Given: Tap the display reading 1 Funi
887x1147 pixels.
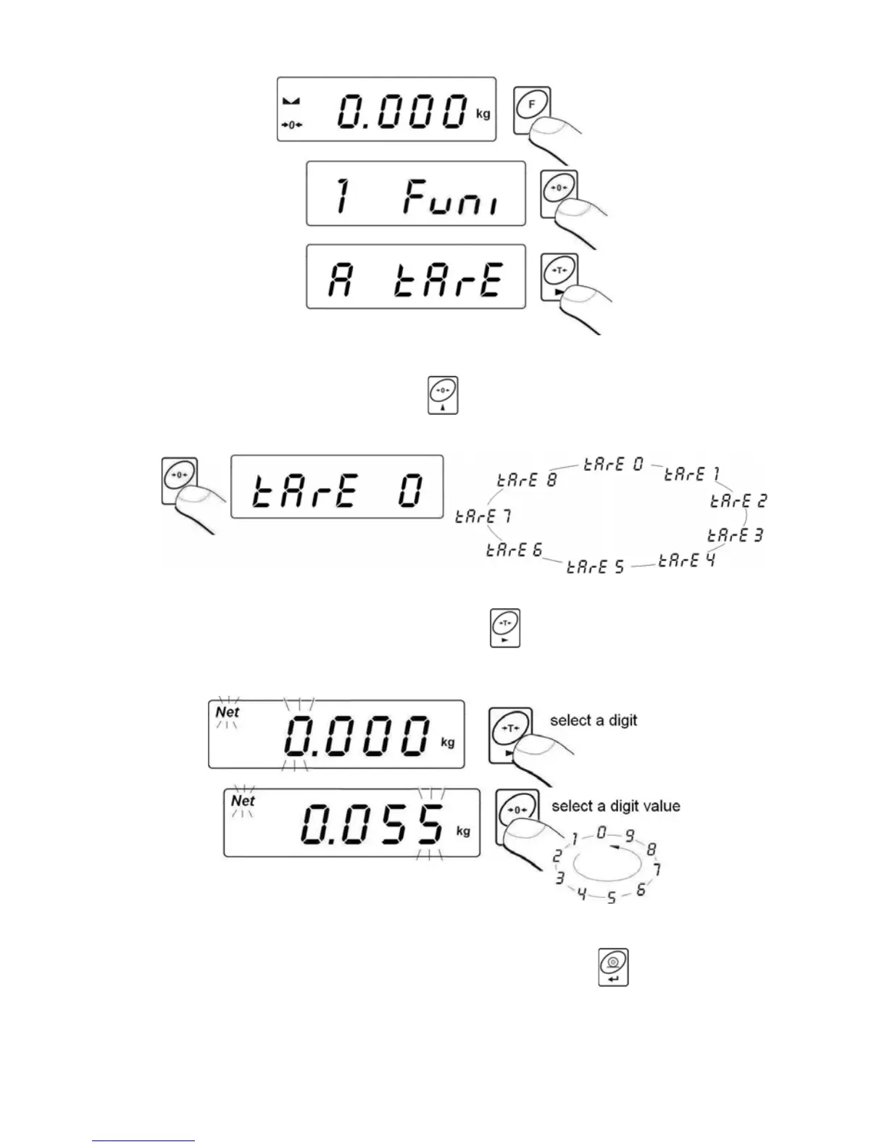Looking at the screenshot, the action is (x=415, y=194).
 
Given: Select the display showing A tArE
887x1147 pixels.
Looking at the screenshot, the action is (x=415, y=277).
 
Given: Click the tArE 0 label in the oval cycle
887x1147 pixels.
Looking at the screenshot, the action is (x=614, y=464).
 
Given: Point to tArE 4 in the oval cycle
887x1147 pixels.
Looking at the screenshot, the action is (x=686, y=560).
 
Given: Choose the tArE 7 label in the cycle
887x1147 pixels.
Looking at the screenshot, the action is (x=483, y=516).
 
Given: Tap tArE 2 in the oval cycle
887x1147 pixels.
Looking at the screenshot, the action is (x=738, y=500).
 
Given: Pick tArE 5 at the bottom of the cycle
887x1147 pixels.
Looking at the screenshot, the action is (x=595, y=567).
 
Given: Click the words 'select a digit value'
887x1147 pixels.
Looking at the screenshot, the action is (x=615, y=806).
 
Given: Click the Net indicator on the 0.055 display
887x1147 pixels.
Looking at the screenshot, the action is (x=243, y=801).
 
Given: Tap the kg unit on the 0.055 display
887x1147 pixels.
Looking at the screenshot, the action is (x=463, y=831).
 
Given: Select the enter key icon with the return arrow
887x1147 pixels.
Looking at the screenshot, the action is (x=613, y=967).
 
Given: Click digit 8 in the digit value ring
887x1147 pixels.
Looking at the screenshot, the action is (x=651, y=849).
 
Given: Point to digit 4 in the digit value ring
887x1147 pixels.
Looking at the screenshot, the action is (x=581, y=894).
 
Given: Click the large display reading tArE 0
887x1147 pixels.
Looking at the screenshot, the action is (x=337, y=487).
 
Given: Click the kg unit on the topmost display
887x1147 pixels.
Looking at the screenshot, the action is (x=483, y=114).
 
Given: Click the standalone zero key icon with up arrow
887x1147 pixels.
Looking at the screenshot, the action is (x=442, y=395).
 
